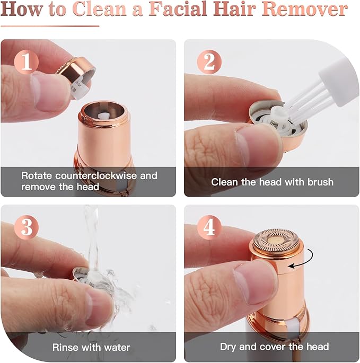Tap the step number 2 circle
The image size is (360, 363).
pos(209,63)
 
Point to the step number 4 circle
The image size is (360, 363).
pos(209,228)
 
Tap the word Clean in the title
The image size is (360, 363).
pos(101,10)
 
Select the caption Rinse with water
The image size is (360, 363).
pos(91,347)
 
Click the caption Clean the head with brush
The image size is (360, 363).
pos(272,182)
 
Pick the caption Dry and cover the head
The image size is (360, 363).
pos(274,347)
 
